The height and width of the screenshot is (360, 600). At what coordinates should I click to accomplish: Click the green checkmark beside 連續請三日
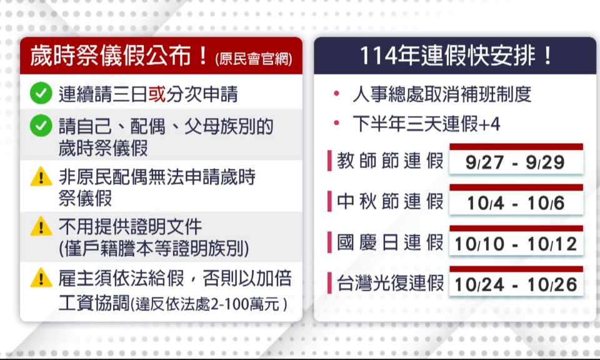pos(41,93)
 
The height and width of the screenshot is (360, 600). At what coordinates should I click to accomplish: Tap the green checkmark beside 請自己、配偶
pos(41,126)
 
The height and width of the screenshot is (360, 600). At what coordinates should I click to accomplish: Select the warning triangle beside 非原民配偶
pos(41,177)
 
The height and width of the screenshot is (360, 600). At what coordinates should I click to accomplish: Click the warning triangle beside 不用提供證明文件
pos(41,226)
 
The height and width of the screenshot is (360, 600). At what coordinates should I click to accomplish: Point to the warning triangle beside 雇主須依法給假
pos(41,277)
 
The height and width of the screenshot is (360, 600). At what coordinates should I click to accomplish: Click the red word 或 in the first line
pos(157,94)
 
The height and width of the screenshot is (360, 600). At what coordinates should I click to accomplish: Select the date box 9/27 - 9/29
pos(516,159)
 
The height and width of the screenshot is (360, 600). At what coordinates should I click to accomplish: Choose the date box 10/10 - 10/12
pos(516,241)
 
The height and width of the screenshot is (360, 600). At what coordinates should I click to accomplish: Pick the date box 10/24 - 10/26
pos(516,281)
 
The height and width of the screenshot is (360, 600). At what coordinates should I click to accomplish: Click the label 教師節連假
pos(390,161)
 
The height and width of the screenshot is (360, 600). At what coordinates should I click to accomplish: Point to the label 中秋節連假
pos(390,201)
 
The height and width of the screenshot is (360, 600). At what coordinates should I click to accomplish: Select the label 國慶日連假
pos(390,242)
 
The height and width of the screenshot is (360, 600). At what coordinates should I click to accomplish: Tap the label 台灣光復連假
pos(390,283)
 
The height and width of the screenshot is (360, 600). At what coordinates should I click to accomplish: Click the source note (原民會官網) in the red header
pos(254,59)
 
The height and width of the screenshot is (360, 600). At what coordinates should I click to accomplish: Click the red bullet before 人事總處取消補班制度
pos(337,93)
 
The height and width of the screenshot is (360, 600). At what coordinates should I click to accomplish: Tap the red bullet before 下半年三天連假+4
pos(337,122)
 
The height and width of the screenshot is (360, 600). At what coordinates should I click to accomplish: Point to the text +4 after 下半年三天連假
pos(489,124)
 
